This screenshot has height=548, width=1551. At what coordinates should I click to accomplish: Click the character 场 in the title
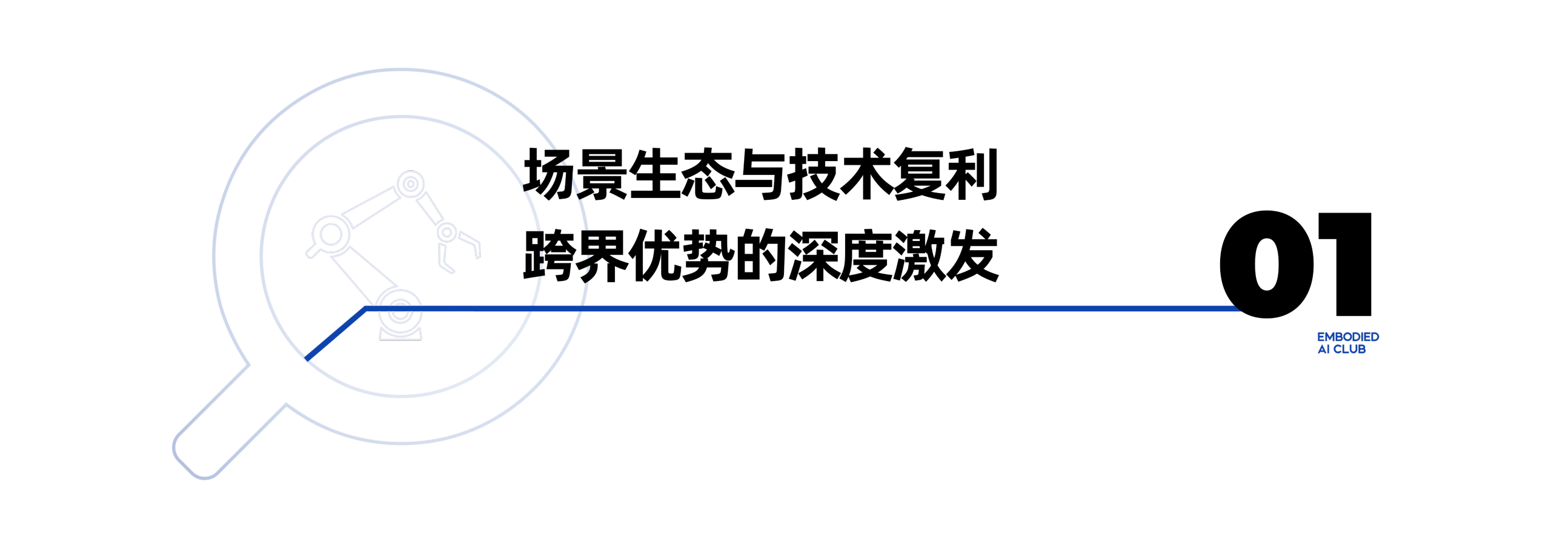(549, 174)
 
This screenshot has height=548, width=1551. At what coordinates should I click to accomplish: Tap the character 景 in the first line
(602, 174)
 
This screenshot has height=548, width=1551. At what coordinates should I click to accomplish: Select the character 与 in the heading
(760, 174)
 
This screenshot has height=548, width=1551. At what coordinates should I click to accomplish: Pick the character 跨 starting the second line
(549, 256)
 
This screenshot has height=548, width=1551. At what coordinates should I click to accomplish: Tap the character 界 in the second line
(602, 256)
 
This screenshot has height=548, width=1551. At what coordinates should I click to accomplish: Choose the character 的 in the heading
(760, 256)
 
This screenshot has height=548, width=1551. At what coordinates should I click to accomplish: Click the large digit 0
(1267, 264)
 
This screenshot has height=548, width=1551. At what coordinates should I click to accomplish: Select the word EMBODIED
(1348, 337)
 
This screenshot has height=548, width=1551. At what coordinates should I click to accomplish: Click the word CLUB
(1349, 349)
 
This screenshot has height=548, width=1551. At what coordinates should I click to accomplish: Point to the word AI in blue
(1324, 349)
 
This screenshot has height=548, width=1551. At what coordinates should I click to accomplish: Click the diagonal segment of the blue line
(336, 334)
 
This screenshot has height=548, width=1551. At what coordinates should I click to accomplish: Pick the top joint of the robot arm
(411, 183)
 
